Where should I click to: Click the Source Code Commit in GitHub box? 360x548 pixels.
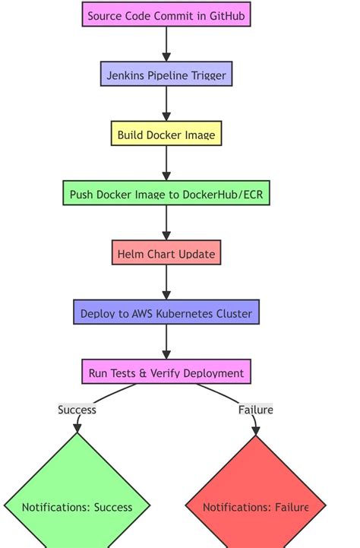click(166, 15)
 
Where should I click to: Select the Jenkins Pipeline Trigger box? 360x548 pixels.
click(166, 74)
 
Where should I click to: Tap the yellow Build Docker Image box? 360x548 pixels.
click(166, 135)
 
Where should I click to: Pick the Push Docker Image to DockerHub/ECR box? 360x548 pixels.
click(166, 194)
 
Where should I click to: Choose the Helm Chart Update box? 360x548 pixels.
click(166, 253)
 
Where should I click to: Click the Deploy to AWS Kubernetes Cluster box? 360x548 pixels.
click(166, 312)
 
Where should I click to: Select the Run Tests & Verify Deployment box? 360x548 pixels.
click(166, 372)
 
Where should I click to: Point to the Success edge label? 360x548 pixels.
click(77, 410)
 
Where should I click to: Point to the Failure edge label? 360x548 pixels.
click(256, 410)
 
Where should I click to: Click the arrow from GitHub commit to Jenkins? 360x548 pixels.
click(166, 45)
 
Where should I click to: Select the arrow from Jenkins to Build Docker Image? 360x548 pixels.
click(166, 104)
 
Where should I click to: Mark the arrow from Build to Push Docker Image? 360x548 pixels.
click(166, 163)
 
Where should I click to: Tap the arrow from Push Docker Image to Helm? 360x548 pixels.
click(166, 223)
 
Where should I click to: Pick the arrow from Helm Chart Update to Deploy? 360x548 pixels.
click(166, 283)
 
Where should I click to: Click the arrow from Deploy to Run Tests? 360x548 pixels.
click(166, 342)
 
